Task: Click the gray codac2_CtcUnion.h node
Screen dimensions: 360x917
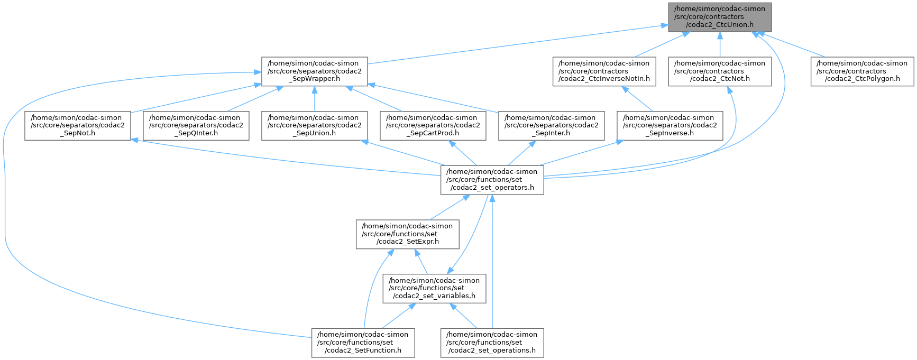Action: [719, 17]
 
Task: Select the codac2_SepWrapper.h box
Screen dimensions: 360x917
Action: [314, 71]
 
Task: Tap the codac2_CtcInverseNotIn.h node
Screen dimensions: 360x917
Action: [604, 71]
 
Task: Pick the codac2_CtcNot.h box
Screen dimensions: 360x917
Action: [719, 71]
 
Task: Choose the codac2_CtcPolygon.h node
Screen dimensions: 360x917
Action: [863, 71]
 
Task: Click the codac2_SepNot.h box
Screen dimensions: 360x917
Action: [77, 126]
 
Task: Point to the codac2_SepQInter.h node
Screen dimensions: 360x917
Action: [196, 126]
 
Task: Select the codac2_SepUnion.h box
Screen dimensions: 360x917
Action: [315, 126]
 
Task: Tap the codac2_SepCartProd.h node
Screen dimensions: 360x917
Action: [433, 126]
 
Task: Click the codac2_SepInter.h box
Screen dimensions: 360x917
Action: [552, 126]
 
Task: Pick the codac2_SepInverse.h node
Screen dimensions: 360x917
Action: [670, 126]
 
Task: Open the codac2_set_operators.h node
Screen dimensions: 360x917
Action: [492, 180]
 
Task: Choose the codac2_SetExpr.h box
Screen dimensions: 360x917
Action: [407, 234]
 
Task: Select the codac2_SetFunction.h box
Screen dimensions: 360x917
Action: [362, 343]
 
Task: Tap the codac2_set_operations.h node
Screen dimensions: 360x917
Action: [492, 343]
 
